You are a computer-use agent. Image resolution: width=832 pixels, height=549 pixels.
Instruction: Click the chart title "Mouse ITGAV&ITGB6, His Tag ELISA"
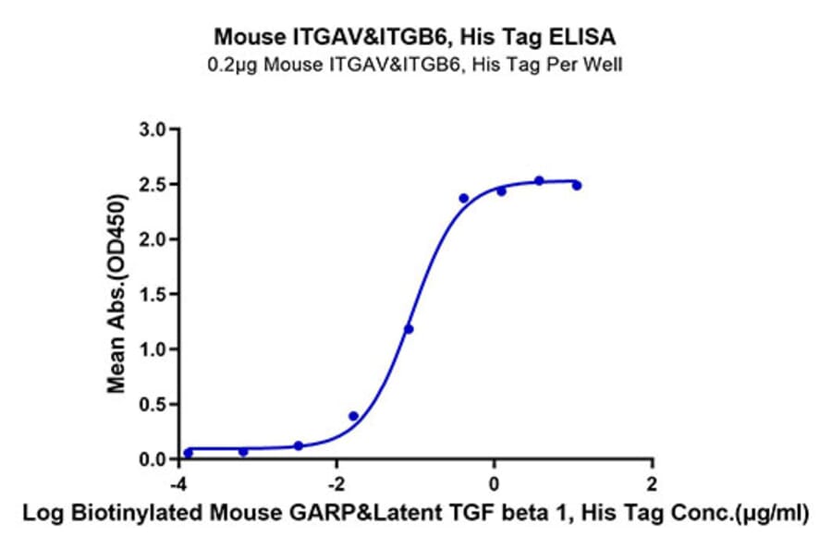tap(415, 37)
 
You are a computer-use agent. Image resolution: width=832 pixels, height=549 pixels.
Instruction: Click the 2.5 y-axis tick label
tap(153, 185)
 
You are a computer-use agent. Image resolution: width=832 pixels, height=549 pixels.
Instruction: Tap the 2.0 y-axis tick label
tap(153, 239)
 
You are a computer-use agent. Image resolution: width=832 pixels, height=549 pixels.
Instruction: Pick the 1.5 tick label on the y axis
tap(153, 295)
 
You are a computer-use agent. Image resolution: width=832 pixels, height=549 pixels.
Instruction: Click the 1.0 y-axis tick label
tap(153, 349)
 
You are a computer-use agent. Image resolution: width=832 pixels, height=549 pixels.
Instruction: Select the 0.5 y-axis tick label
tap(153, 405)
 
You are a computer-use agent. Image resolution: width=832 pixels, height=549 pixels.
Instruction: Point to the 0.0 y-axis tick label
tap(153, 459)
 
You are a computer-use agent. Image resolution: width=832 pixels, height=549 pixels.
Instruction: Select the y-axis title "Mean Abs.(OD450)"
tap(117, 294)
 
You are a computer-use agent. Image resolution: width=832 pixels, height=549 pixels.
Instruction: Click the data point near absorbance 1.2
tap(409, 329)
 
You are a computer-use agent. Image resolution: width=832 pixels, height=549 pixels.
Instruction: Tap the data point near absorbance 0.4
tap(353, 416)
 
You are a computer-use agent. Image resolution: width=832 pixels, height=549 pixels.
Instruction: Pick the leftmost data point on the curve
tap(189, 453)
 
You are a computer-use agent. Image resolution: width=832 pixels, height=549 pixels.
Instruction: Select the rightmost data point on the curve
tap(576, 186)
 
